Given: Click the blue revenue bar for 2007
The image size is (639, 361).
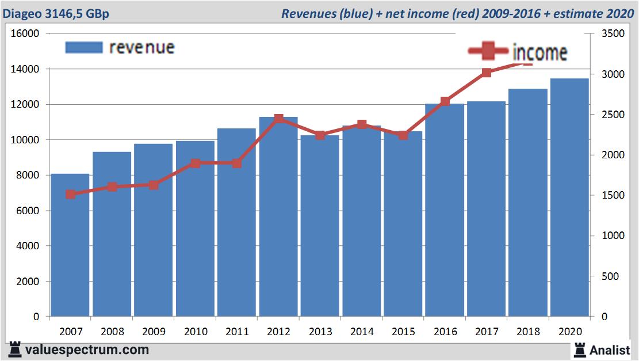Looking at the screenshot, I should pyautogui.click(x=70, y=245).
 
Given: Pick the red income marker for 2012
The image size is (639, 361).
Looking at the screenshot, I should pyautogui.click(x=278, y=119).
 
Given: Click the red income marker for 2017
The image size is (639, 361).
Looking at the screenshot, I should pyautogui.click(x=487, y=73).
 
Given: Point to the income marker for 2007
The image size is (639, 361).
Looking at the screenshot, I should pyautogui.click(x=70, y=195).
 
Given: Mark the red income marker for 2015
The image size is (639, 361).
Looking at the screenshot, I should pyautogui.click(x=403, y=135).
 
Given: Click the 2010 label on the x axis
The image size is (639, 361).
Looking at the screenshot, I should pyautogui.click(x=195, y=332).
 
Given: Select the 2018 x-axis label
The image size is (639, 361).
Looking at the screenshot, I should pyautogui.click(x=528, y=332).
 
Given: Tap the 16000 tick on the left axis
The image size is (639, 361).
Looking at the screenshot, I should pyautogui.click(x=25, y=34).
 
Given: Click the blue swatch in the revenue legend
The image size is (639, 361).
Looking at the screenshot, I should pyautogui.click(x=83, y=47).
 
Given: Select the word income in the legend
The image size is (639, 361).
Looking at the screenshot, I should pyautogui.click(x=539, y=53).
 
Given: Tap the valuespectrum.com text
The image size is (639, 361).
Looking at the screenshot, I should pyautogui.click(x=87, y=349).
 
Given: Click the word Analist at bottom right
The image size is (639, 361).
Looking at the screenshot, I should pyautogui.click(x=610, y=349).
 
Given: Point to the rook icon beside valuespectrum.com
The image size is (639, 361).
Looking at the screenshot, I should pyautogui.click(x=15, y=349).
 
